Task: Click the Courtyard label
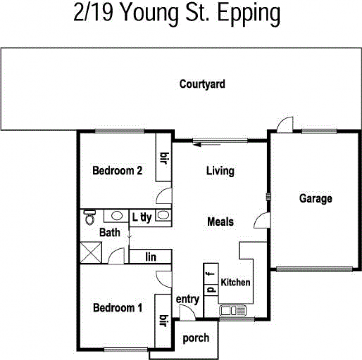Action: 202,85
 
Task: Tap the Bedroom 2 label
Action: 117,171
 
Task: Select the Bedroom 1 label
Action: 118,308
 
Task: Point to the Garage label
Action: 315,199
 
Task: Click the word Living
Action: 220,171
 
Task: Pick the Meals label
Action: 220,222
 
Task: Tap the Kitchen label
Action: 235,283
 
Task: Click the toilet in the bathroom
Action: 90,218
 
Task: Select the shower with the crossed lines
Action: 91,252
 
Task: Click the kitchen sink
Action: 233,310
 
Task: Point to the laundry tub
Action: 163,215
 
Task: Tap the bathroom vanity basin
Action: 116,216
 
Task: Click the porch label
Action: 196,339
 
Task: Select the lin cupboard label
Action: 151,257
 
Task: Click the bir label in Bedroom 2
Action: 164,158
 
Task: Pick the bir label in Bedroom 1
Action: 163,321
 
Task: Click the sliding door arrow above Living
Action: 207,145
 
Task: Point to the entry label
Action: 187,299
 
